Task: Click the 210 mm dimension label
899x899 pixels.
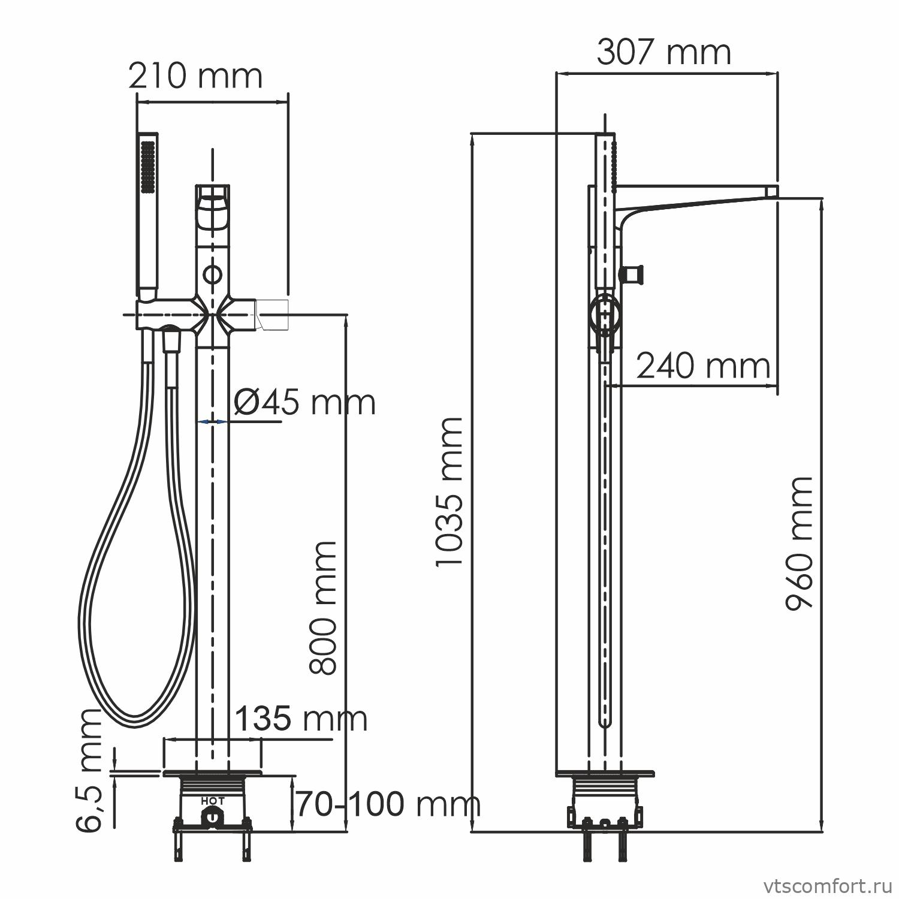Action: point(196,77)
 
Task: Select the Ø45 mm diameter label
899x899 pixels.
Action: point(304,402)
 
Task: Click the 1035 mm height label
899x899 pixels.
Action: point(450,491)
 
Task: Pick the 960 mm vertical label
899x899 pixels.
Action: point(800,542)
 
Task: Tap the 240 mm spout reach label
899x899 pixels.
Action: point(702,366)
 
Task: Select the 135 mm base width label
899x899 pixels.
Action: point(300,719)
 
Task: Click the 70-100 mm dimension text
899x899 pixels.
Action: point(388,804)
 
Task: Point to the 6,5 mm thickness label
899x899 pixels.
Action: point(90,770)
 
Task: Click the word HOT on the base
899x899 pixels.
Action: point(213,800)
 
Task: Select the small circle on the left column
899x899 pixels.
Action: point(212,275)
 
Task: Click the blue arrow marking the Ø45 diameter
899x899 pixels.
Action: point(212,422)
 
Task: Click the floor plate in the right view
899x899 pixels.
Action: point(605,773)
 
